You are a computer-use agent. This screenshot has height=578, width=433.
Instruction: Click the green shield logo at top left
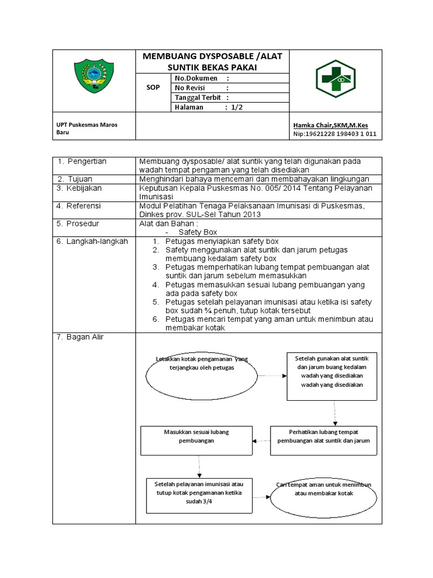94,80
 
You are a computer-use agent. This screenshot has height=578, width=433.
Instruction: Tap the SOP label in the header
152,88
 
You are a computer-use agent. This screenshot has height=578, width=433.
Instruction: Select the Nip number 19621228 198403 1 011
335,134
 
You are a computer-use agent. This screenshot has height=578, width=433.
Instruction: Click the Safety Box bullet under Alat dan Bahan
197,232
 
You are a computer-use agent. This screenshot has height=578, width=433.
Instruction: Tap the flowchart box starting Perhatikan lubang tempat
323,440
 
